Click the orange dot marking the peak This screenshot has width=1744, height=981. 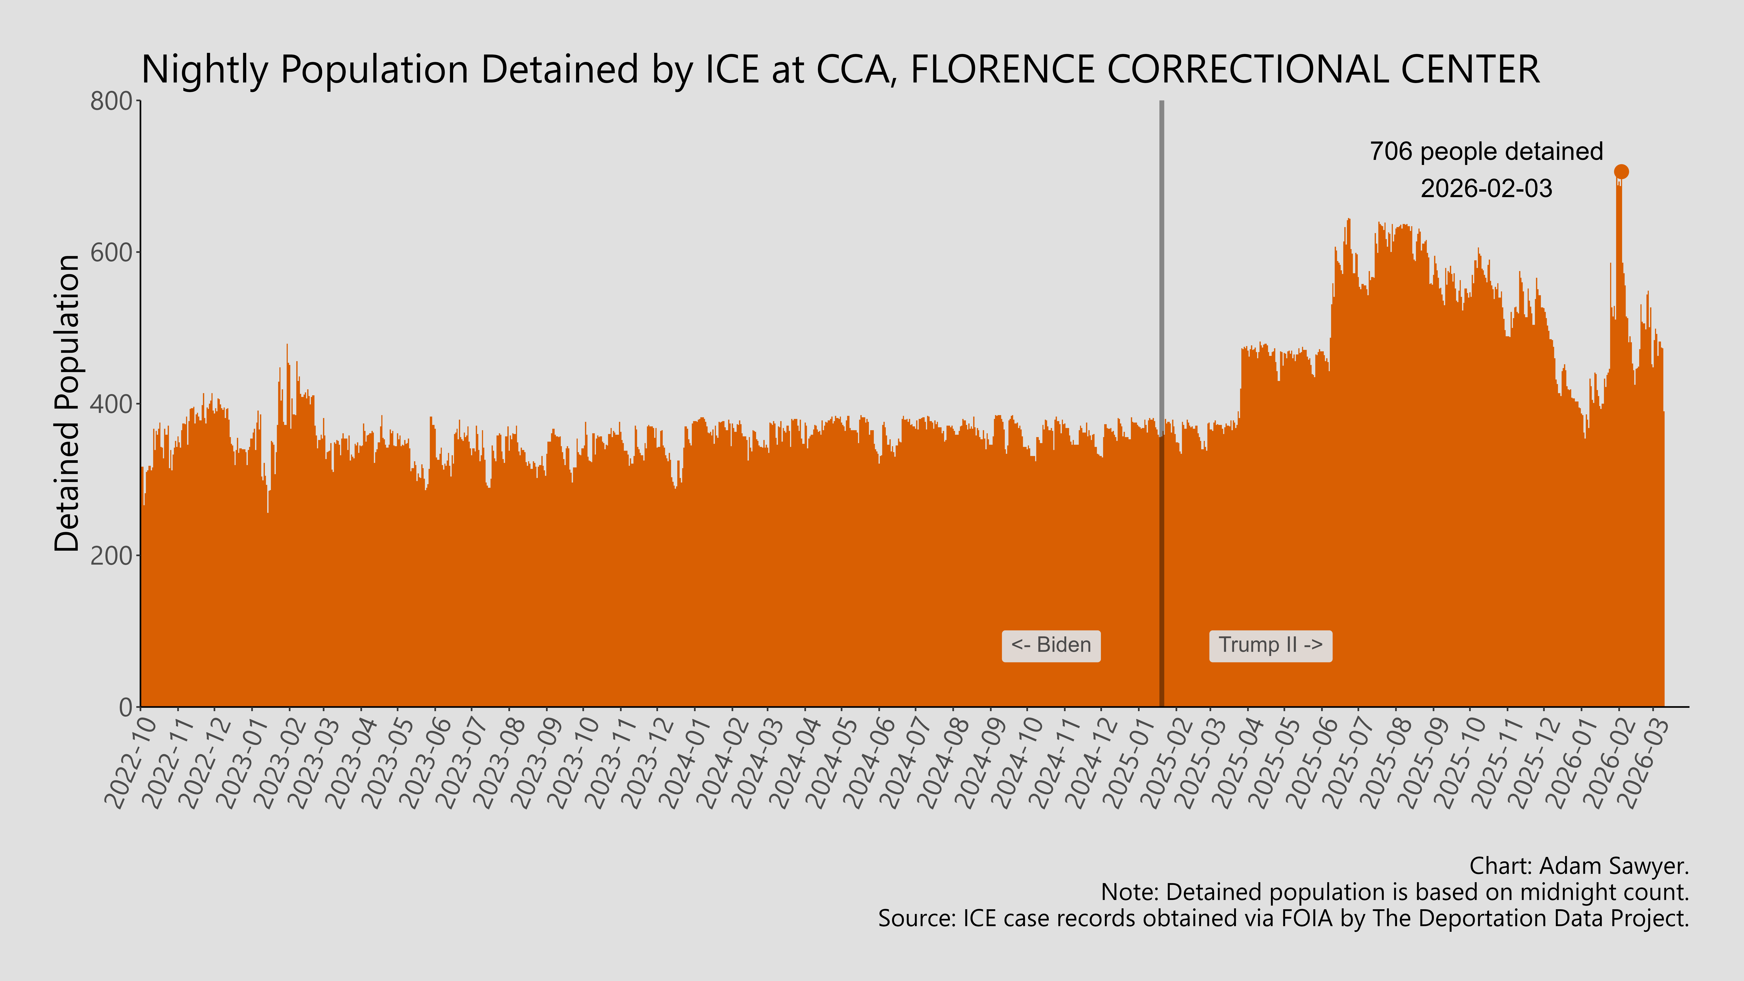tap(1621, 172)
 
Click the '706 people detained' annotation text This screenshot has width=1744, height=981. tap(1486, 152)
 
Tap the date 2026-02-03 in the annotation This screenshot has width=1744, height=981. tap(1486, 188)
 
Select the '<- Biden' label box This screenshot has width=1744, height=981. tap(1051, 645)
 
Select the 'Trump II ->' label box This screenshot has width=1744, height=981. tap(1270, 645)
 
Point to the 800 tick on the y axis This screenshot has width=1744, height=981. tap(112, 102)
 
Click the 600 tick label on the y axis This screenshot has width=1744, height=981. tap(112, 253)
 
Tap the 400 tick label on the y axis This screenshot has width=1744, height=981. tap(112, 404)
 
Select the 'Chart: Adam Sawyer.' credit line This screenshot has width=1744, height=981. tap(1579, 866)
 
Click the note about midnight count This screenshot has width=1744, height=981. tap(1395, 892)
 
